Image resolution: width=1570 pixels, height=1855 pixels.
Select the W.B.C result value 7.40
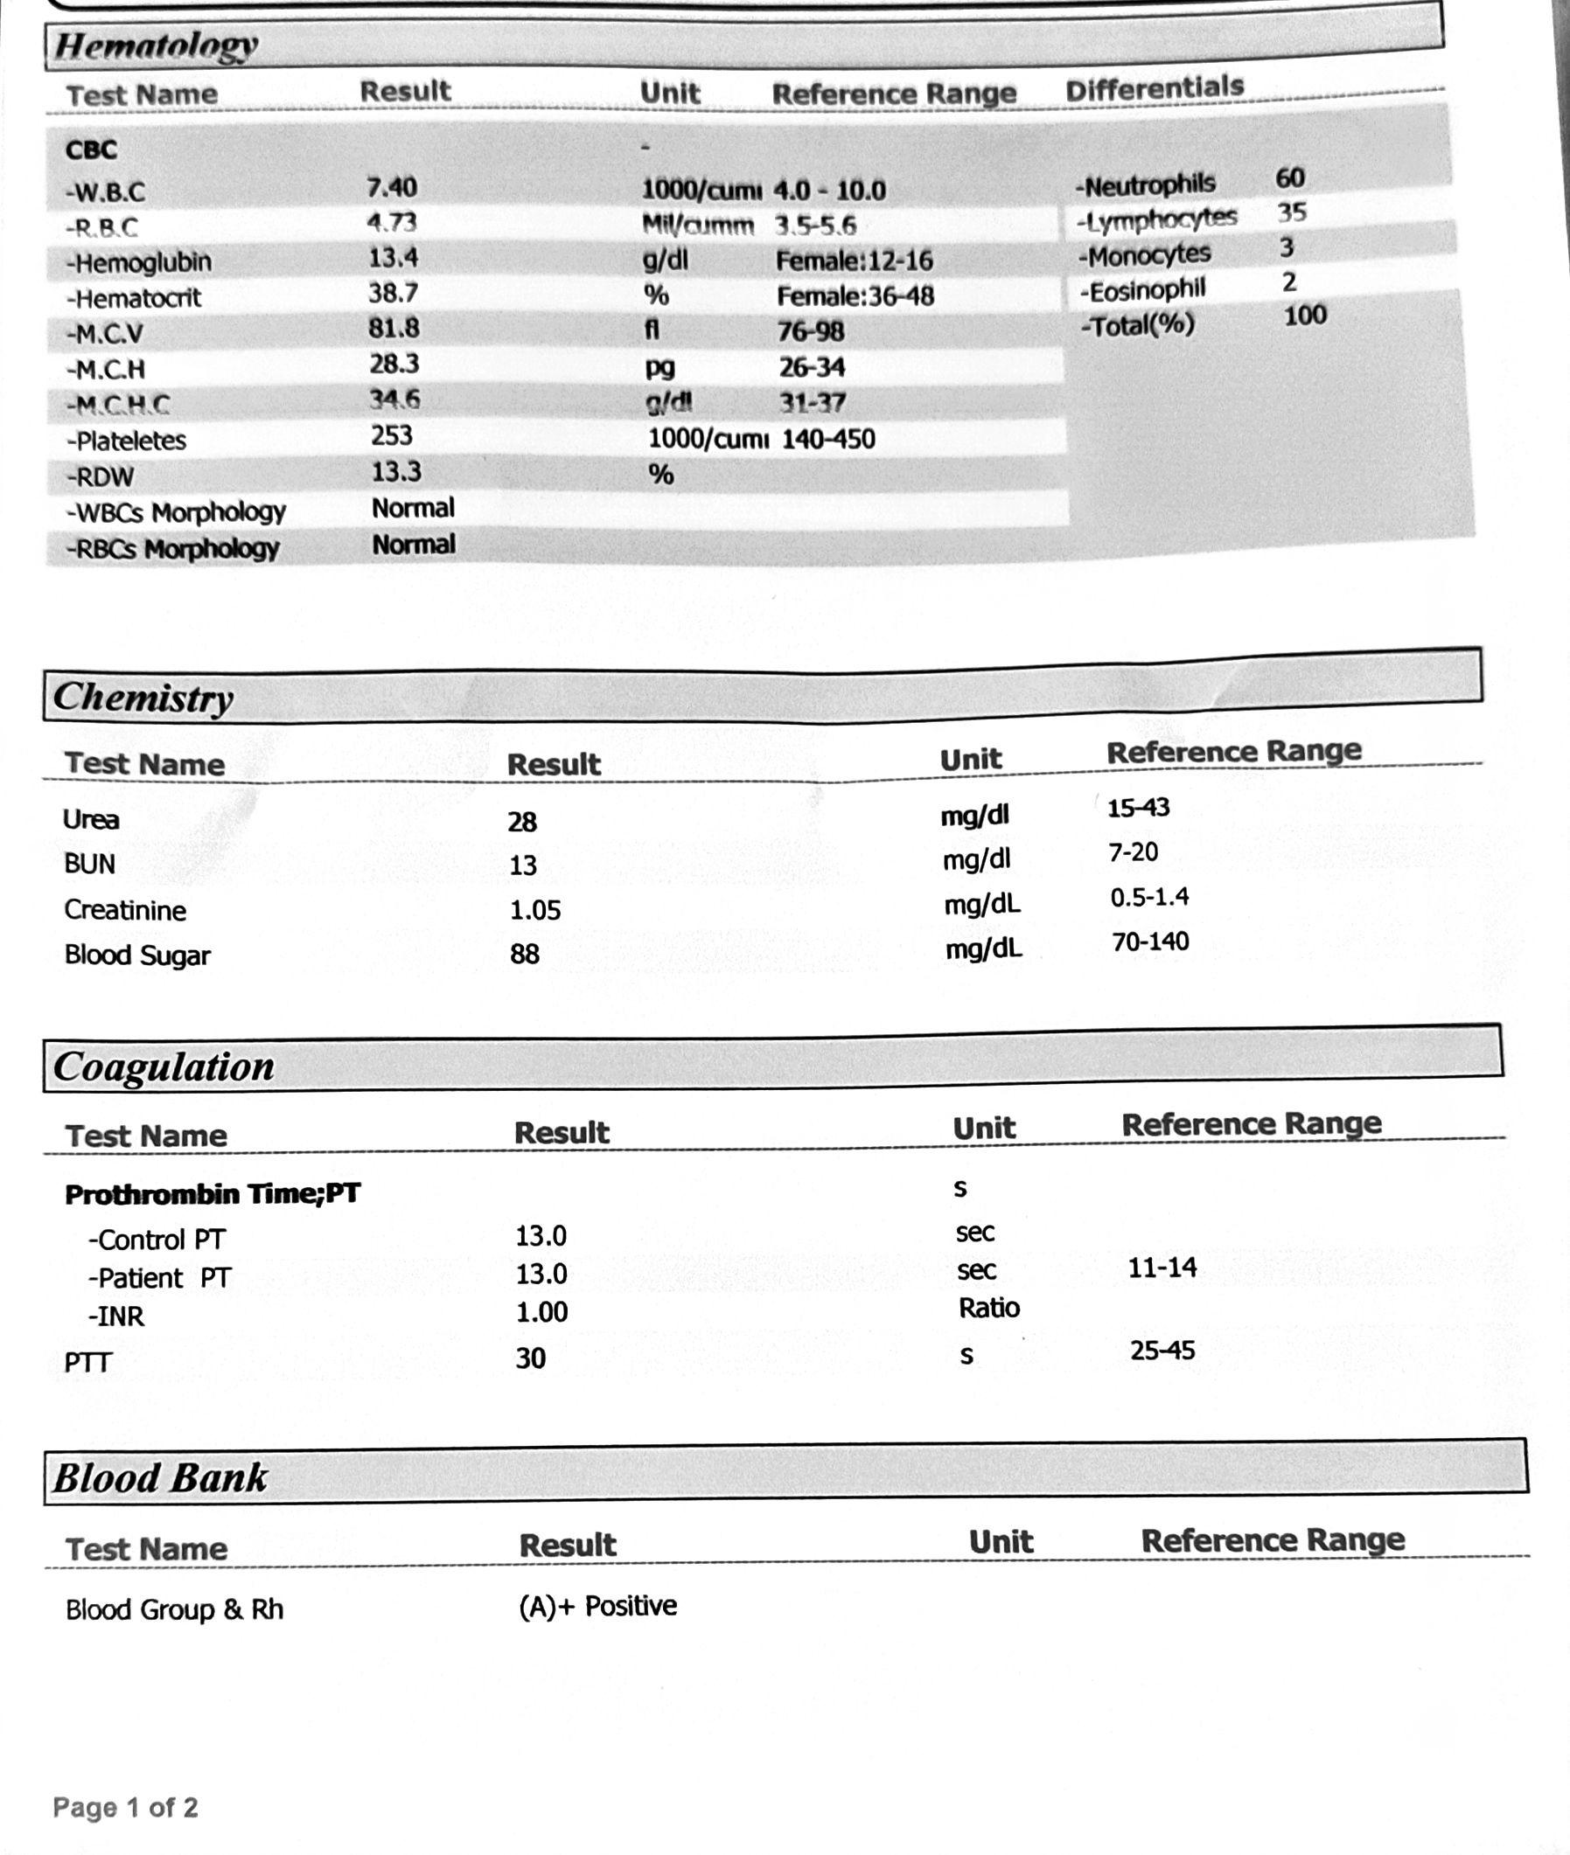(x=392, y=188)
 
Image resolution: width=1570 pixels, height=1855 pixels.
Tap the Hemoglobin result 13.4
(x=394, y=258)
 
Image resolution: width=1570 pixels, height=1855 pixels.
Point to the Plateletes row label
(x=126, y=441)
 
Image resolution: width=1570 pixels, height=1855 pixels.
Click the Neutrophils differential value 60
(x=1289, y=178)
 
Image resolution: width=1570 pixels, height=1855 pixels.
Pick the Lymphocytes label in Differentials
(x=1157, y=219)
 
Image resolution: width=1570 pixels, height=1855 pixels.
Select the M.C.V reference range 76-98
(x=811, y=331)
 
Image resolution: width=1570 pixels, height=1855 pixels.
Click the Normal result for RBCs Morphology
(x=414, y=545)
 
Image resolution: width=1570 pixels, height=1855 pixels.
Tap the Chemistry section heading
(x=143, y=698)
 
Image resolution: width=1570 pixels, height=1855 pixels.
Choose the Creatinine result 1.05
(x=535, y=910)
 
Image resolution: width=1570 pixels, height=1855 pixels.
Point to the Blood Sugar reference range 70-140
(x=1150, y=941)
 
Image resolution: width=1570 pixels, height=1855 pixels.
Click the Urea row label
(x=91, y=819)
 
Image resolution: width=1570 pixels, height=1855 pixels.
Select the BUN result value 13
(x=522, y=865)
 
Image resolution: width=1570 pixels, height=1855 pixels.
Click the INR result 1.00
(x=541, y=1312)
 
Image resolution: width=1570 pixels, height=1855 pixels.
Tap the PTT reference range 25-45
(x=1162, y=1351)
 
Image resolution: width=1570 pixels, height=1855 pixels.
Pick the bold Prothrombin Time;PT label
(x=213, y=1194)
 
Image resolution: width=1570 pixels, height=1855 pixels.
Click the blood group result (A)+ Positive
(x=598, y=1606)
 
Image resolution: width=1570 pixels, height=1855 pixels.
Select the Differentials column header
(x=1155, y=88)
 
